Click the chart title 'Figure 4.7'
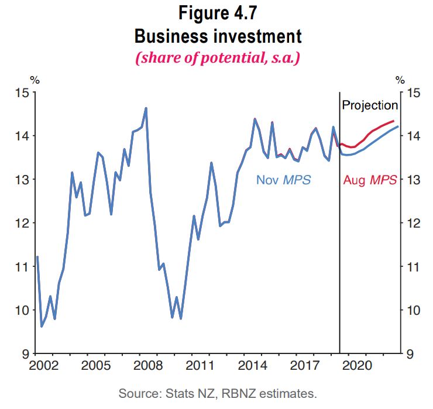[x=218, y=14]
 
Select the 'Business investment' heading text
[x=218, y=36]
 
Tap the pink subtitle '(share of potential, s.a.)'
[x=218, y=59]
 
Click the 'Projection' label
[x=370, y=105]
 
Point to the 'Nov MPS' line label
[x=283, y=180]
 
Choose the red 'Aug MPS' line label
[x=370, y=180]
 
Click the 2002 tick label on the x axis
[x=43, y=366]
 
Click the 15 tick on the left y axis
[x=23, y=92]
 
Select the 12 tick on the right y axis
[x=413, y=223]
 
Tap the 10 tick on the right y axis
[x=413, y=310]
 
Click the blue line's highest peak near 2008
[x=146, y=108]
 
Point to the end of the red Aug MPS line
[x=393, y=121]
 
